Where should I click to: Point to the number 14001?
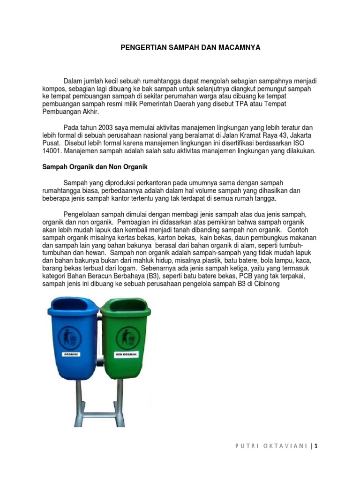click(52, 151)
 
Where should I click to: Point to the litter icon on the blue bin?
click(72, 337)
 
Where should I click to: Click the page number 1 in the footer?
click(317, 446)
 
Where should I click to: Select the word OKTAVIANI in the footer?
click(285, 446)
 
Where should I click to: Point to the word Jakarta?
click(302, 135)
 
